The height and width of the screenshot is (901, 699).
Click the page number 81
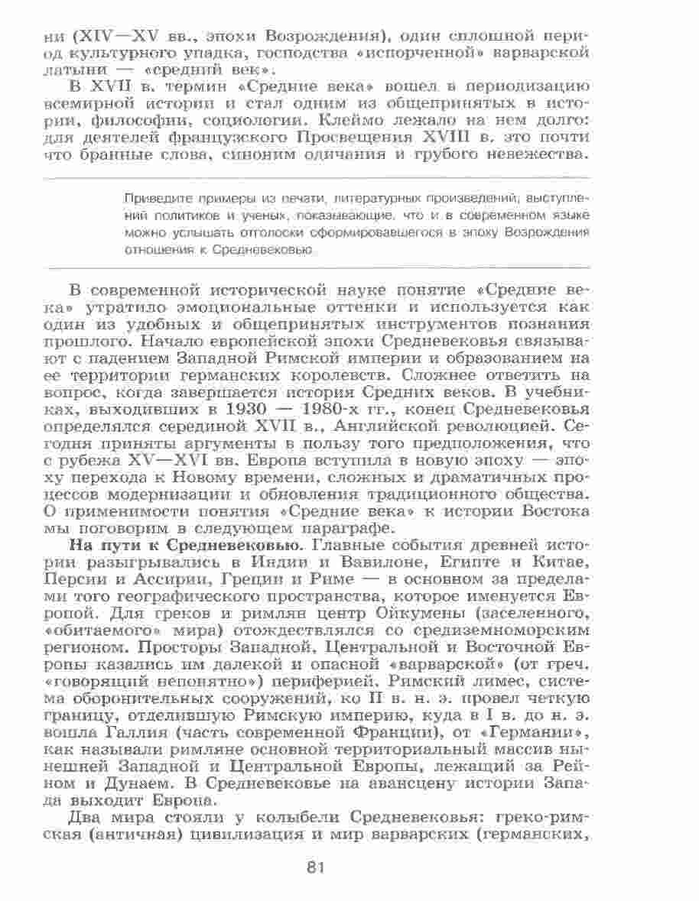pyautogui.click(x=316, y=867)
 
